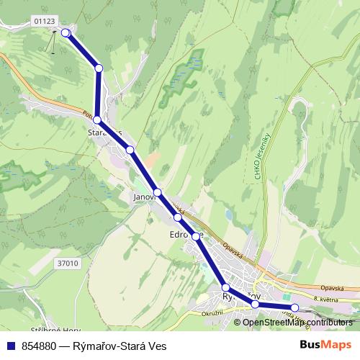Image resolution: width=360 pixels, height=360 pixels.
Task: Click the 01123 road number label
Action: click(x=44, y=21)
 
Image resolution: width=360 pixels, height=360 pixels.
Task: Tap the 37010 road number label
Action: click(x=66, y=264)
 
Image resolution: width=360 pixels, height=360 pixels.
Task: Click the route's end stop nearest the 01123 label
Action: click(x=66, y=32)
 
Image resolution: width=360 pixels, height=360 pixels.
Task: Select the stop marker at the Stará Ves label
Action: click(x=97, y=120)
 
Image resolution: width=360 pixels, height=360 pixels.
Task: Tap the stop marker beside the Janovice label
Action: click(x=158, y=192)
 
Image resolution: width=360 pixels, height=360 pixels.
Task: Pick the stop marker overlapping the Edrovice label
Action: click(x=195, y=235)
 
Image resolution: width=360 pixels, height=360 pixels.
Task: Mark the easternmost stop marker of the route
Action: click(x=294, y=308)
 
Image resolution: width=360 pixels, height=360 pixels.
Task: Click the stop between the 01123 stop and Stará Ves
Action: click(x=99, y=68)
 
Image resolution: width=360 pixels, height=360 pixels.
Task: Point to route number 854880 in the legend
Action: click(x=40, y=345)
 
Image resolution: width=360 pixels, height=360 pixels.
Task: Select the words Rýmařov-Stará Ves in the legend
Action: click(x=122, y=345)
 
